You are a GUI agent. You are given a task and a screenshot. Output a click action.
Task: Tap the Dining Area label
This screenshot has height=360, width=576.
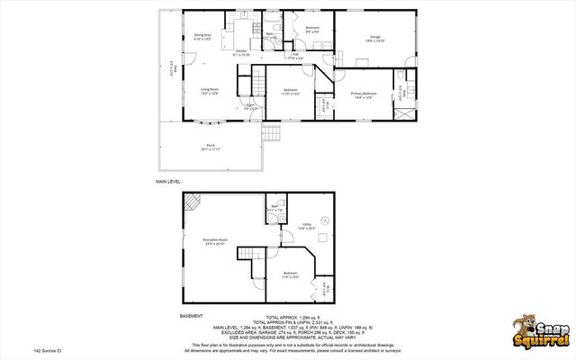click(202, 38)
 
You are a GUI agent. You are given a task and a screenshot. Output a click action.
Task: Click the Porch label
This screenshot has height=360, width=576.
click(211, 148)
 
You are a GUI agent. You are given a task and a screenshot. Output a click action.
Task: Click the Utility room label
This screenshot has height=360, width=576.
click(307, 226)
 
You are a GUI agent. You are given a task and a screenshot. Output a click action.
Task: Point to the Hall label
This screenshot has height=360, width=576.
click(295, 56)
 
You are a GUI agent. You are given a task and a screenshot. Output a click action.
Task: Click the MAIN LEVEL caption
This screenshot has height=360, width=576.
click(169, 182)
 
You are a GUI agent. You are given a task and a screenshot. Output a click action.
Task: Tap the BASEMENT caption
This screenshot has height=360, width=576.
click(191, 316)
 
